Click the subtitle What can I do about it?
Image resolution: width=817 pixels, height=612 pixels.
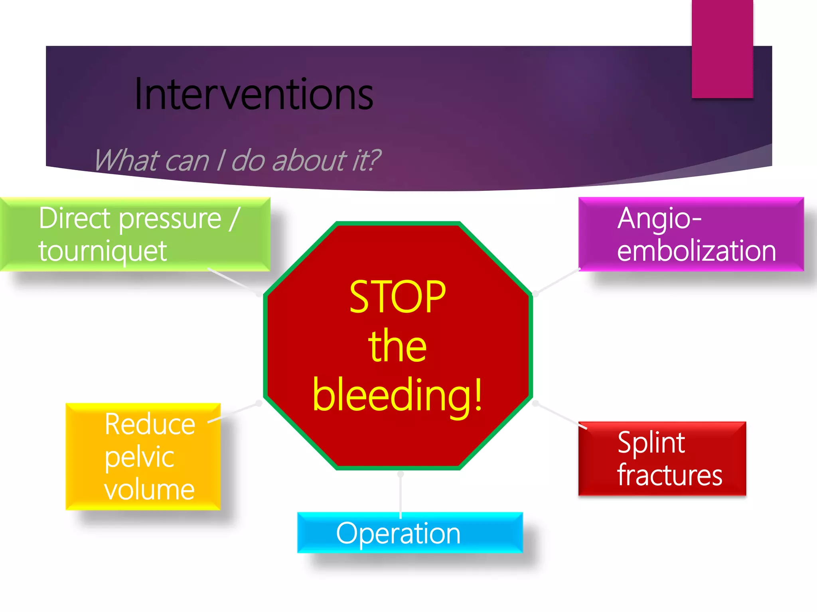click(237, 160)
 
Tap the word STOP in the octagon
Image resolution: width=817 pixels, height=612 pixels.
click(397, 296)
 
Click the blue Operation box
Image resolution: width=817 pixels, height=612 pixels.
click(410, 533)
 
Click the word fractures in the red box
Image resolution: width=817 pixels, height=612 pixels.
click(669, 475)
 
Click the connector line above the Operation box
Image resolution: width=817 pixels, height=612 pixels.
click(401, 494)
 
